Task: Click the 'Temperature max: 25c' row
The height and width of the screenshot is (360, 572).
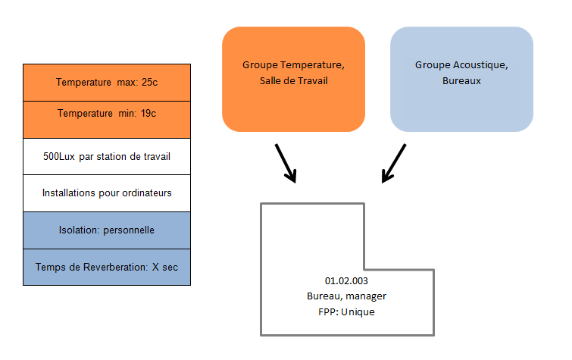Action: tap(107, 82)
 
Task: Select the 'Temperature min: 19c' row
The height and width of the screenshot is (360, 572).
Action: tap(107, 114)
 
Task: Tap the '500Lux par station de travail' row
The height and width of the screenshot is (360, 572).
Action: tap(107, 157)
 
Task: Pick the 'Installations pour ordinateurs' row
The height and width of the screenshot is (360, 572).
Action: tap(107, 193)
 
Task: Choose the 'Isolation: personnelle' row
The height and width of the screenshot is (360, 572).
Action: tap(107, 230)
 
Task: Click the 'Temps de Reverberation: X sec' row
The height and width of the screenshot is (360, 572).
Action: tap(107, 267)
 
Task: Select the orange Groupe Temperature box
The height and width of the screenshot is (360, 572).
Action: tap(293, 80)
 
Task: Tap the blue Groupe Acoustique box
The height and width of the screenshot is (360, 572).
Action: tap(461, 80)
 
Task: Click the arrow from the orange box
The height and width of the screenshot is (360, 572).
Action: tap(285, 163)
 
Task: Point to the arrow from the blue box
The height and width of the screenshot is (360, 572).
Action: tap(393, 164)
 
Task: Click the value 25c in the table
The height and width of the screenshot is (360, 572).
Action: tap(149, 82)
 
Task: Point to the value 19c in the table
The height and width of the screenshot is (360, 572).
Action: tap(148, 114)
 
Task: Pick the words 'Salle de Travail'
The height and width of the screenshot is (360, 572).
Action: tap(293, 80)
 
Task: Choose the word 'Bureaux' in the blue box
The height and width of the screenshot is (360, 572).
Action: tap(461, 80)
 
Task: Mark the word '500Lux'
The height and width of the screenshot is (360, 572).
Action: tap(60, 157)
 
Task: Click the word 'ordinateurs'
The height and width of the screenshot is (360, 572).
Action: tap(146, 193)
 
